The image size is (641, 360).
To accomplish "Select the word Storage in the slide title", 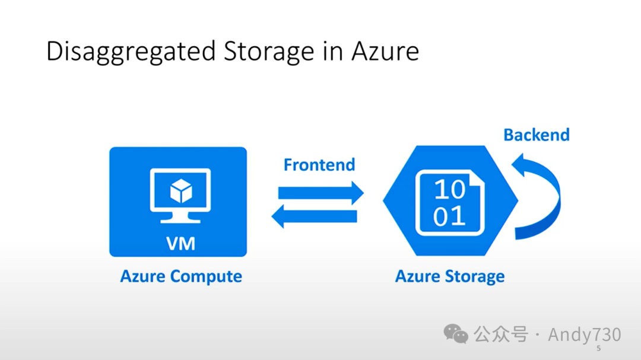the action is point(268,52).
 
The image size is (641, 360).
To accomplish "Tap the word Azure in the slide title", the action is point(385,52).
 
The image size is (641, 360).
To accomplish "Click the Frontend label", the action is point(319,164).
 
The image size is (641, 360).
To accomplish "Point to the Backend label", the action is point(536,135).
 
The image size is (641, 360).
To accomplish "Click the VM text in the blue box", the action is point(180,243).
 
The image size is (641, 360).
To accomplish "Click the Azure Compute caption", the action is point(181,276).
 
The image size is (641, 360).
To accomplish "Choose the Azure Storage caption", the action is point(450,276).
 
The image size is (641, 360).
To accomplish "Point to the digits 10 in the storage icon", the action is point(449,190).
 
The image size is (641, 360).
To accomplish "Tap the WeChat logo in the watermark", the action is point(456,334).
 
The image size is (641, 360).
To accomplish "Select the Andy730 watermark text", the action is point(584,334).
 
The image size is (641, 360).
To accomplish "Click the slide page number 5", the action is point(599,348).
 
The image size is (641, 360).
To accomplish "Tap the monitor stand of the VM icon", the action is point(180,218).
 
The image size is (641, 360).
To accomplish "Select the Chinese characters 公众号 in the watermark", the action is point(500,334).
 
